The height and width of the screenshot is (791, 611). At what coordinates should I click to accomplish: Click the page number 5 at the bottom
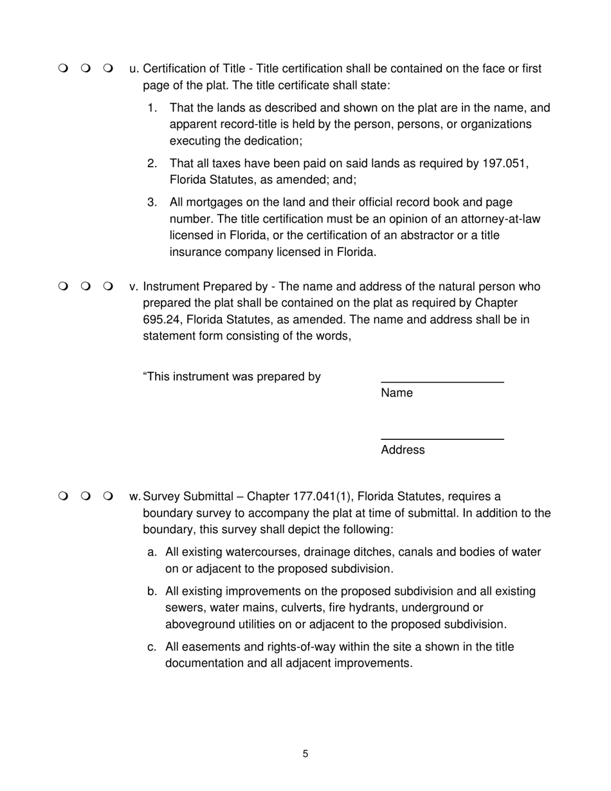click(x=305, y=754)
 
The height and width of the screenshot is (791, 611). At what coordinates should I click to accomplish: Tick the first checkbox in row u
click(x=62, y=68)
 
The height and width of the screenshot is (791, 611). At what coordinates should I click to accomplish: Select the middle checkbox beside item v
click(x=85, y=286)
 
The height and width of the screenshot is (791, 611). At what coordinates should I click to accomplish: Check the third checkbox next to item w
click(x=107, y=496)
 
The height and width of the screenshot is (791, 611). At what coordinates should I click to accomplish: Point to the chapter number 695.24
click(x=162, y=319)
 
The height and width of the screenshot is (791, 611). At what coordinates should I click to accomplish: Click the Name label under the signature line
click(x=397, y=393)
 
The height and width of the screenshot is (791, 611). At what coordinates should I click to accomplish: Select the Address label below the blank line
click(x=403, y=450)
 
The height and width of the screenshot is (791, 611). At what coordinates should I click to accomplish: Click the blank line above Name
click(x=442, y=383)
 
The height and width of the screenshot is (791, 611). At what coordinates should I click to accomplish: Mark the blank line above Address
click(x=442, y=440)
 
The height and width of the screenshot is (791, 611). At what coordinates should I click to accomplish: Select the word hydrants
click(x=372, y=608)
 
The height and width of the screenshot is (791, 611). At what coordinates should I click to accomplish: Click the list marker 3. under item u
click(x=152, y=203)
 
